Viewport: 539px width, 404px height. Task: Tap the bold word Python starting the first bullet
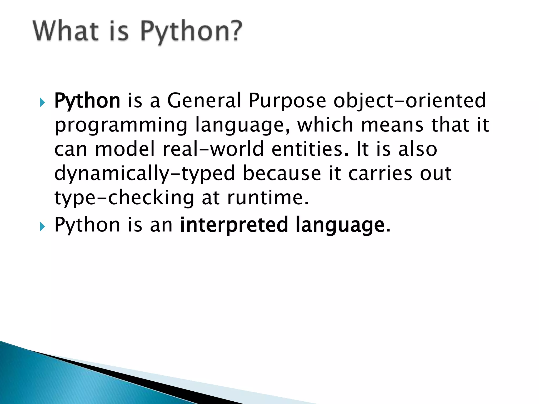[87, 101]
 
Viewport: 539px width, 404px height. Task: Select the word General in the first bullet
[204, 101]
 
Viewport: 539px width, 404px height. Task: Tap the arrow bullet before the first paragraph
[42, 102]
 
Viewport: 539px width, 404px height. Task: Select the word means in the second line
[392, 125]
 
